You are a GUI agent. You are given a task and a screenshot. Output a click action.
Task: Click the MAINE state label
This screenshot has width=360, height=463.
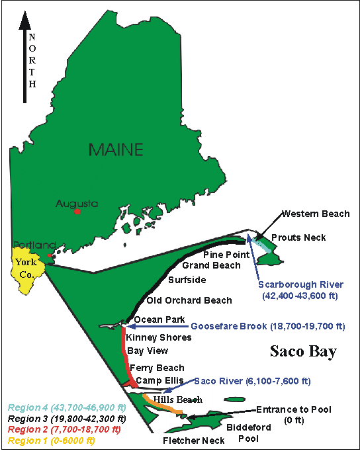[x=116, y=149]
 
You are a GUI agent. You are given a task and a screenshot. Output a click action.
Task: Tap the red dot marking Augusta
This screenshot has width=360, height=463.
[x=77, y=211]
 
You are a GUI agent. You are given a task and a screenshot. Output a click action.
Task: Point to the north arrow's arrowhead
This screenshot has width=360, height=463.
[x=25, y=21]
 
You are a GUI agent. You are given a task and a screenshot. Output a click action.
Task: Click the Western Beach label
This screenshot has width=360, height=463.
[x=315, y=214]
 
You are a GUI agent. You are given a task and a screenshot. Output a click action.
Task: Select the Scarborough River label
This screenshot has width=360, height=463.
[x=300, y=284]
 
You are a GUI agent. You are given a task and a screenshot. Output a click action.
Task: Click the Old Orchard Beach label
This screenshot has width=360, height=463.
[x=189, y=300]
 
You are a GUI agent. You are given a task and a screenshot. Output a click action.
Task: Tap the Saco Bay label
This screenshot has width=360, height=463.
[x=303, y=351]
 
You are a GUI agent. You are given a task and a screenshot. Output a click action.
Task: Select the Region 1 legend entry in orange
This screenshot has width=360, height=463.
[x=51, y=440]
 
